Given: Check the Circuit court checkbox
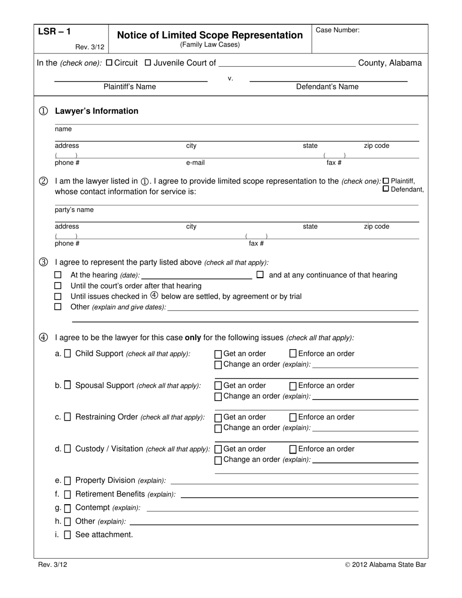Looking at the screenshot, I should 109,63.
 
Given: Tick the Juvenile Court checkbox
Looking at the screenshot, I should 148,63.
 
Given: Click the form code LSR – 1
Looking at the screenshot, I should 54,32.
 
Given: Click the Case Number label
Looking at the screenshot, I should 338,30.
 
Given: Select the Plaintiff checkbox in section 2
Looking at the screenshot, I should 386,180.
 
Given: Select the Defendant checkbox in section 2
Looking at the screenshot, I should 386,189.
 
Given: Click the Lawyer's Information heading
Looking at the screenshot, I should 96,111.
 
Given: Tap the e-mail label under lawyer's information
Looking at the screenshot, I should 195,163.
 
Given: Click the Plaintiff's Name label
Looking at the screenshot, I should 130,87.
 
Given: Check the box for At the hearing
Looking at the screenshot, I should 58,275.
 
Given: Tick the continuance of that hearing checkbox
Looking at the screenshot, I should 260,275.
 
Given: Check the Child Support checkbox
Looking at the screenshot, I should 68,353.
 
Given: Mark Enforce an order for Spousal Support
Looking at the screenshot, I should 293,386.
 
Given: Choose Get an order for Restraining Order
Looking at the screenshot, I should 218,418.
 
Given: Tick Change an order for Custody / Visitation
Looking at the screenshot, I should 218,460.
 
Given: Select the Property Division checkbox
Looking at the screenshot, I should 68,481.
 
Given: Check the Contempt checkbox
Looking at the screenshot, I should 68,508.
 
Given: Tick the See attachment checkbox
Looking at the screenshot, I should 68,535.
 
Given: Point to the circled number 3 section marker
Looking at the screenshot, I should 43,262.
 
